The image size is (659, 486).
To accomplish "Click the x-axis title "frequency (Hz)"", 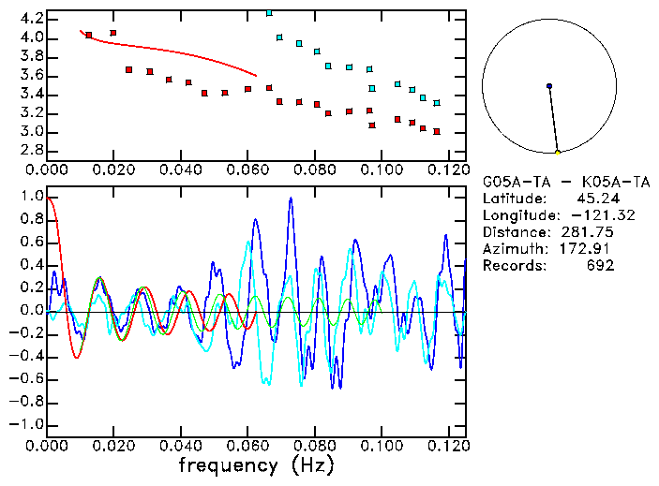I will click(256, 465).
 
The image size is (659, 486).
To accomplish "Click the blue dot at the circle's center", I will click(548, 86).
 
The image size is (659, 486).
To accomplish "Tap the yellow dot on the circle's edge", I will click(558, 152).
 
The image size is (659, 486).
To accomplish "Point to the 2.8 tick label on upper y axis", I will click(32, 151).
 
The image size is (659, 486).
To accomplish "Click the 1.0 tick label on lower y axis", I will click(32, 198).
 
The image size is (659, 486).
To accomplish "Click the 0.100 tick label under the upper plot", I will click(382, 169).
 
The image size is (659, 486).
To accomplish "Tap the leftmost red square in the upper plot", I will click(89, 36).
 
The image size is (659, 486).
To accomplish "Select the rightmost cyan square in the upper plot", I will click(437, 103).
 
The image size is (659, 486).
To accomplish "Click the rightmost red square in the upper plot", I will click(437, 132).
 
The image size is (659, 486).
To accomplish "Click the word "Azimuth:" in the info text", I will click(513, 249).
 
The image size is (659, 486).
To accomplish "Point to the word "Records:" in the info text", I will click(513, 266).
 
